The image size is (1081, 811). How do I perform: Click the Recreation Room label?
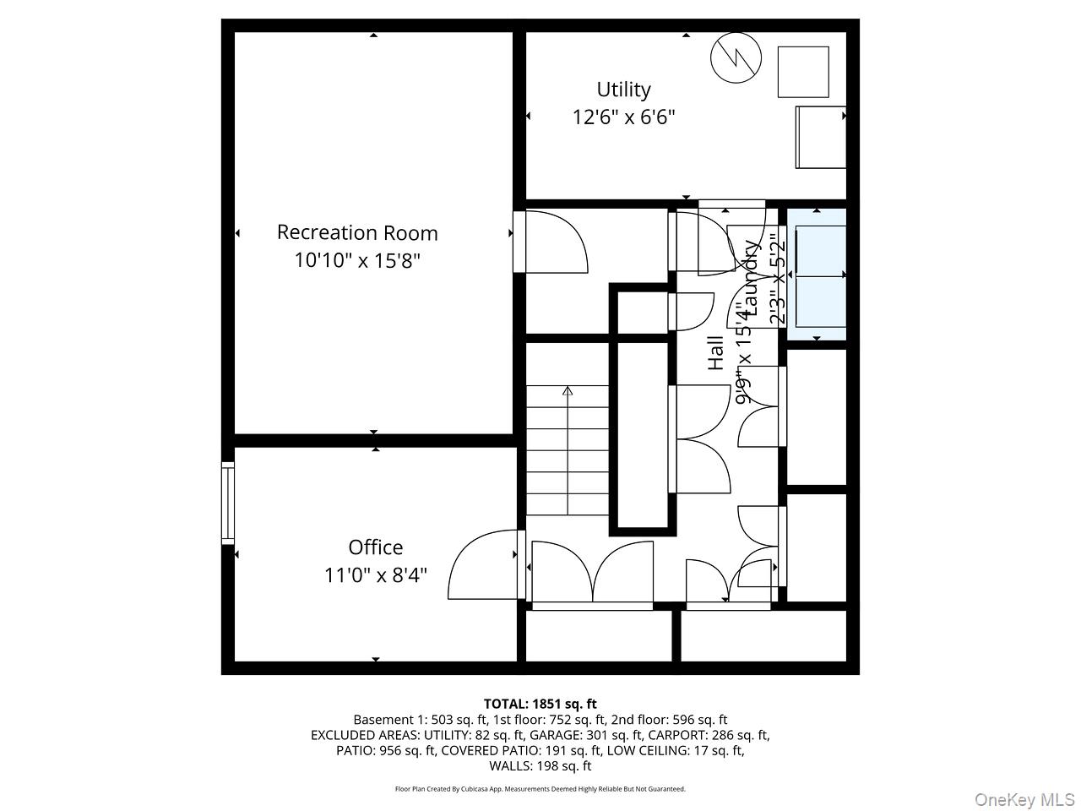tap(357, 232)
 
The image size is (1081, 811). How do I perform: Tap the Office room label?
tap(376, 547)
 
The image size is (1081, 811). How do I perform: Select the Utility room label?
tap(623, 90)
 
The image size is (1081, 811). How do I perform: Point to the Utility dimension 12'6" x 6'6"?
tap(623, 117)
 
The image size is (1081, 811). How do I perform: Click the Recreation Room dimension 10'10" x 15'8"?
tap(357, 260)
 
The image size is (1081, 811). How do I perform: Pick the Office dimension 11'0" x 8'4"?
tap(376, 575)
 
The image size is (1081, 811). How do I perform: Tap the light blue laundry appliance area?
tap(817, 275)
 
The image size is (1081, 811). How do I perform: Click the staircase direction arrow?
tap(568, 391)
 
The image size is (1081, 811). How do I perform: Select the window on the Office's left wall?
tap(228, 503)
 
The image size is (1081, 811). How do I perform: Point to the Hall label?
tap(715, 353)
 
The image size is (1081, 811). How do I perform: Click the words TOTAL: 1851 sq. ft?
tap(540, 704)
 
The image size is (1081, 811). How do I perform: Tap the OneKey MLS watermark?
tap(1024, 799)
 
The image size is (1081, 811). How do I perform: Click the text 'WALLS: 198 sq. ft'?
tap(540, 766)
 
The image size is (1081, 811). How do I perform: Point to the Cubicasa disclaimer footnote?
tap(540, 789)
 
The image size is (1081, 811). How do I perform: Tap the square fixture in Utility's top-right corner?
tap(803, 72)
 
